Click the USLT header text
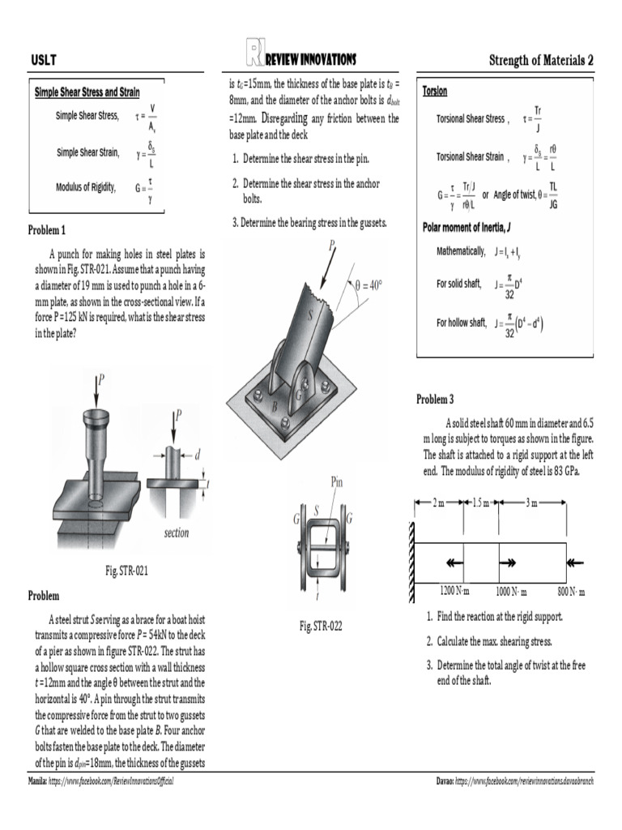pos(43,61)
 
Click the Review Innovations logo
pos(300,58)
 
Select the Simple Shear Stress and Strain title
pos(87,92)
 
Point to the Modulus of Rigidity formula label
pos(86,187)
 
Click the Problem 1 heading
pos(47,230)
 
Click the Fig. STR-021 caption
pos(127,571)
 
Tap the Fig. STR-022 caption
pos(321,626)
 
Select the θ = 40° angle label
pos(368,285)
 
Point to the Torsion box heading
pos(435,92)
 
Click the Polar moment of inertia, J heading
pos(467,225)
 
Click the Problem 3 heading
pos(435,400)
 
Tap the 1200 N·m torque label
pos(455,590)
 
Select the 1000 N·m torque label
pos(511,590)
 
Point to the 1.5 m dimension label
pos(480,503)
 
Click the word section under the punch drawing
pos(176,533)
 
